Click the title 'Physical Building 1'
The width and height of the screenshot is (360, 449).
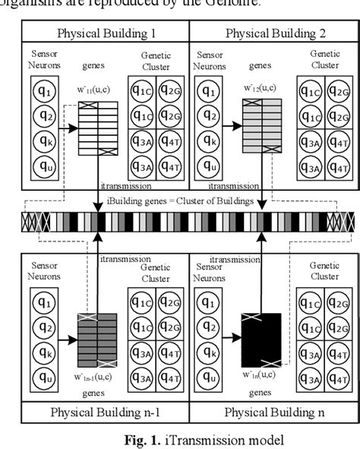pos(105,33)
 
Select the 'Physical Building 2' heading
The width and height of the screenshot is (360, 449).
pos(271,33)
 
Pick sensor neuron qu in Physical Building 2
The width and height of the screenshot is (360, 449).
pos(209,164)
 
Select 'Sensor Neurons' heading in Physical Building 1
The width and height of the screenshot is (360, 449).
pos(41,60)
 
